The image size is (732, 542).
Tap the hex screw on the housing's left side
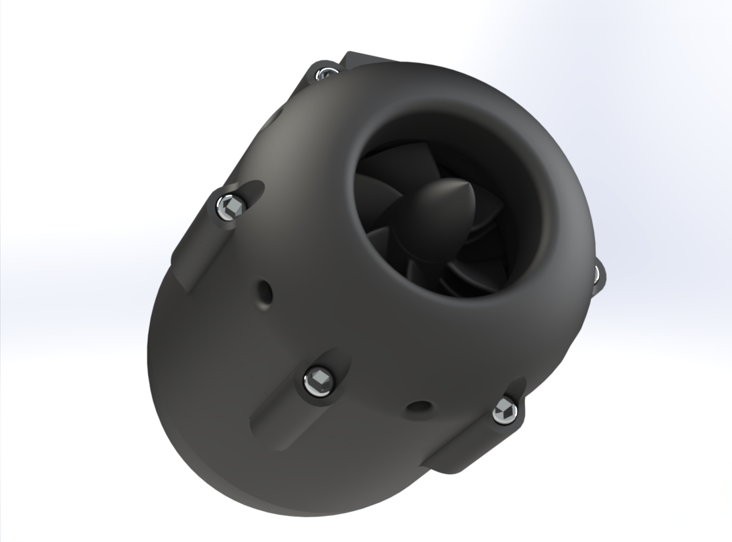click(x=230, y=206)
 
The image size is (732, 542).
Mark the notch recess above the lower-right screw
click(x=515, y=390)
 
